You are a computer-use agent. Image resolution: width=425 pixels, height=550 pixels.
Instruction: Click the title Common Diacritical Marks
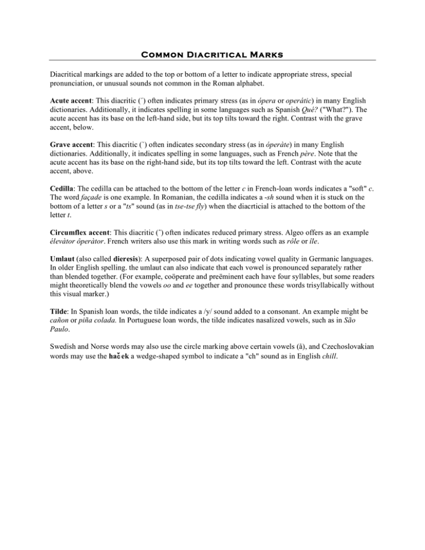click(212, 55)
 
